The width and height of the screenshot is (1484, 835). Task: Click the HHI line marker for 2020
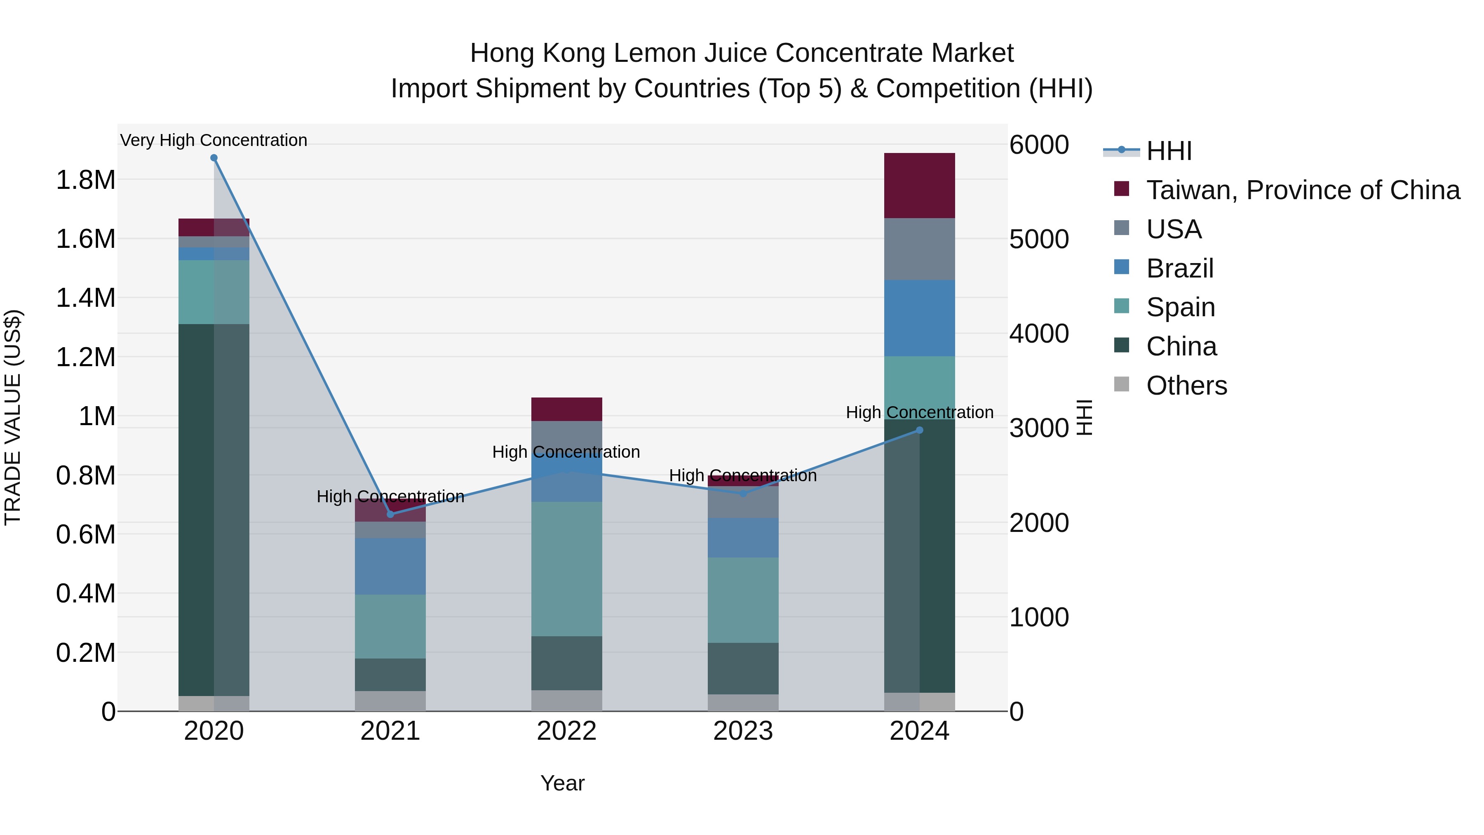click(214, 158)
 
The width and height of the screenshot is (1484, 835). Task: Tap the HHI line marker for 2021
click(391, 514)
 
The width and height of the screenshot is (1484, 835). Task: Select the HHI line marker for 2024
click(919, 430)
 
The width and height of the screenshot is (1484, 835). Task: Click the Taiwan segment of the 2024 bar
click(919, 186)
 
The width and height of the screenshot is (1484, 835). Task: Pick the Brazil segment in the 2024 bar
click(919, 318)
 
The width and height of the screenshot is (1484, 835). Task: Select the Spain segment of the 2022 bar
click(566, 569)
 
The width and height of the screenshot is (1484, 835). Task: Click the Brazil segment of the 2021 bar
click(391, 566)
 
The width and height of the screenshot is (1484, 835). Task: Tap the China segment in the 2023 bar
click(743, 668)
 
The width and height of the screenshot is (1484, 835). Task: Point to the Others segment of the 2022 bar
click(566, 701)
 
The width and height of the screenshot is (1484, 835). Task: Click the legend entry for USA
click(1174, 229)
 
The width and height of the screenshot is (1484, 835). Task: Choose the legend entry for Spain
click(1181, 307)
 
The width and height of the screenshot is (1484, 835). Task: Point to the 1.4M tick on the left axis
click(85, 298)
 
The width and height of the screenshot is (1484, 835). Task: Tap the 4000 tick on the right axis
click(1039, 334)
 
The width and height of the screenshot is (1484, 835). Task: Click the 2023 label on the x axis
click(743, 731)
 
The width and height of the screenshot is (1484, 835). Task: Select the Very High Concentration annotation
click(214, 141)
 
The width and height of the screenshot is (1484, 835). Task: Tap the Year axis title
click(562, 783)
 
